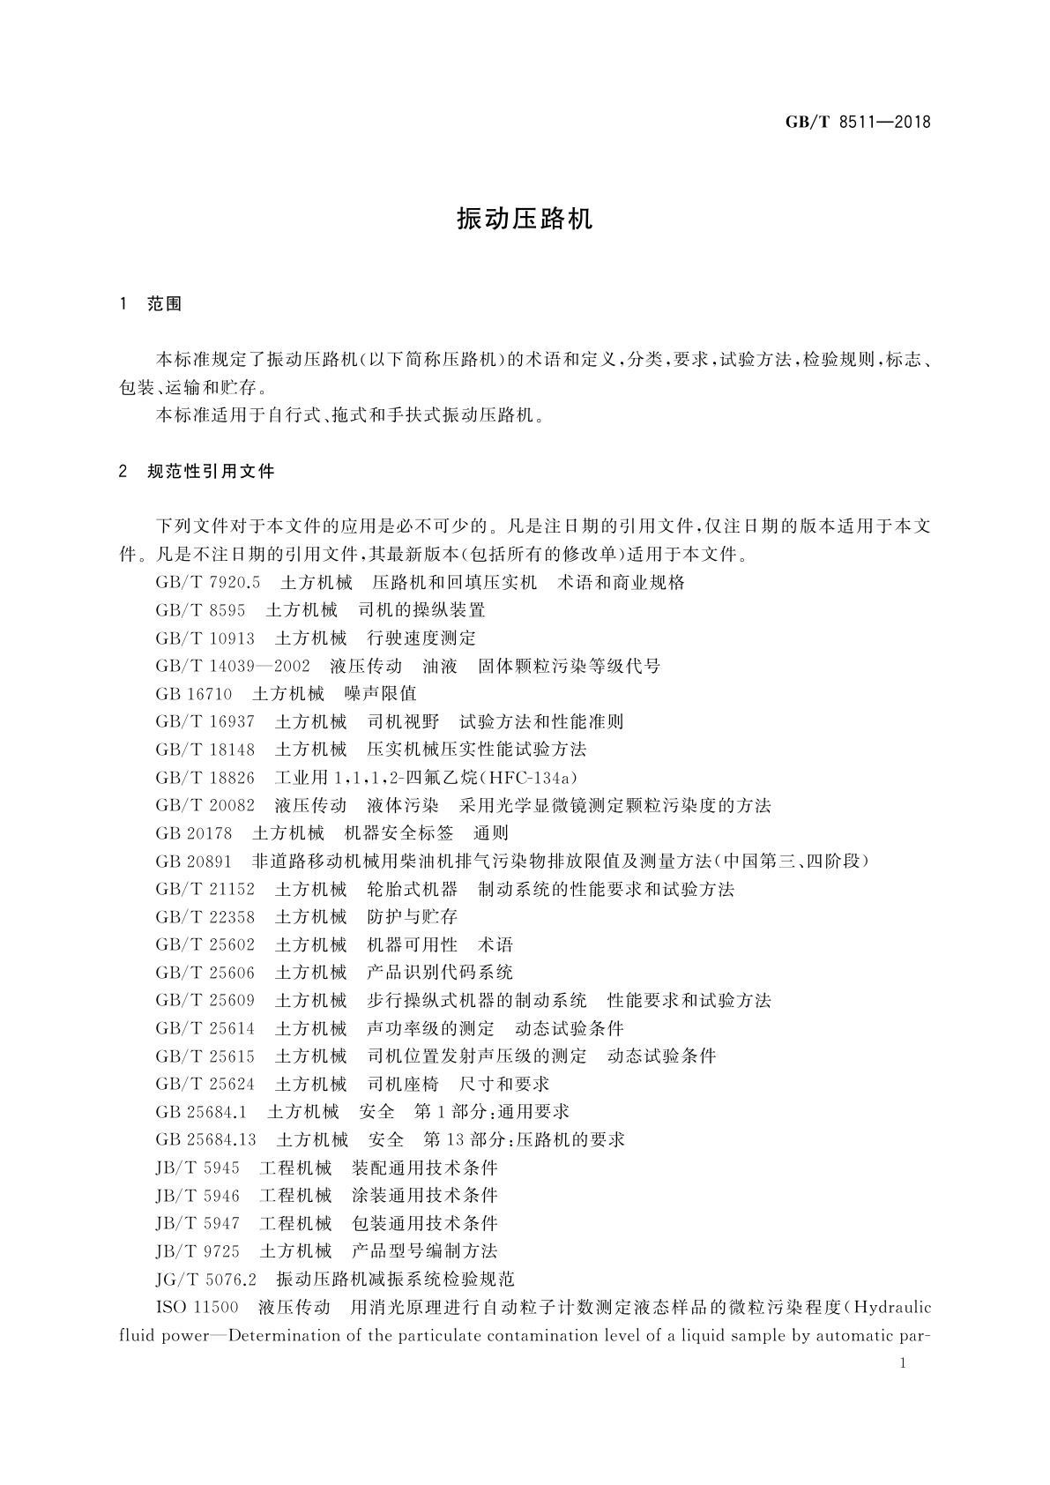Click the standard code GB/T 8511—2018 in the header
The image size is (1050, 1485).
tap(857, 123)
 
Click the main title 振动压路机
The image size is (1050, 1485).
tap(525, 220)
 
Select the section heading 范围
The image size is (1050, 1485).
tap(165, 304)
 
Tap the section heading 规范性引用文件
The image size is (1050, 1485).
tap(212, 472)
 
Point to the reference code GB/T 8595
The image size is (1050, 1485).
tap(200, 610)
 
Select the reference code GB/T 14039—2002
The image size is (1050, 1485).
tap(233, 667)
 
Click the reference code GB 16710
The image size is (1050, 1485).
tap(193, 694)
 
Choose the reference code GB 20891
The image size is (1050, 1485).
tap(193, 862)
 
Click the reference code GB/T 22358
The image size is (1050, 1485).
tap(205, 917)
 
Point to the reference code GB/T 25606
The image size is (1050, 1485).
tap(205, 973)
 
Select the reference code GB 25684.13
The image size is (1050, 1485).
tap(205, 1140)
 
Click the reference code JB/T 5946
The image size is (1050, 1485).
tap(197, 1196)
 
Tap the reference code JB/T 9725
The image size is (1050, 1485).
tap(197, 1251)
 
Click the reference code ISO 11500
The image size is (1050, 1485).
tap(197, 1307)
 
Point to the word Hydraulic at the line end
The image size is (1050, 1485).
tap(892, 1307)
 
